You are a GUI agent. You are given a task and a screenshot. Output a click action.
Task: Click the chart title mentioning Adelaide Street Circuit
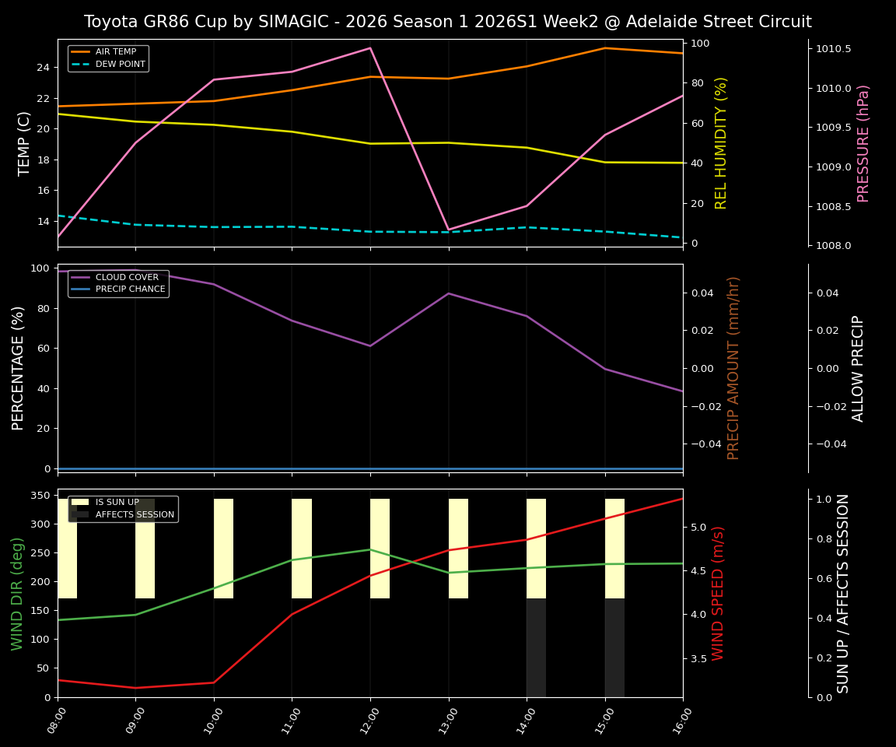447,22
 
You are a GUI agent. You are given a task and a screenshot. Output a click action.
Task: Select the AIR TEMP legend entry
115,52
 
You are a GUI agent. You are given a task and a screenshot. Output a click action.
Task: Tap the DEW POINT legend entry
120,65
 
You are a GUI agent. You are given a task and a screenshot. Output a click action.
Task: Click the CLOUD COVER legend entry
127,277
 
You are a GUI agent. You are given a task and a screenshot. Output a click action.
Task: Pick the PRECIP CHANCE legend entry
130,289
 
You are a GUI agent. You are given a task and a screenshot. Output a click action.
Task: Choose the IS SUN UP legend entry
117,503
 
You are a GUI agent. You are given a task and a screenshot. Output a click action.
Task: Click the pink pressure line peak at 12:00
370,48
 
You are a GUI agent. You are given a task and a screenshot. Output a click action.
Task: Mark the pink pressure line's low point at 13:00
449,230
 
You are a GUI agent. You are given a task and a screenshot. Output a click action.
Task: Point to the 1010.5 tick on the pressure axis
833,49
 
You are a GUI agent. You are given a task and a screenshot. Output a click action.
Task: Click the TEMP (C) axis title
25,143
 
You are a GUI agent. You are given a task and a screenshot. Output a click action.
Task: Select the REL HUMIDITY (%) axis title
721,143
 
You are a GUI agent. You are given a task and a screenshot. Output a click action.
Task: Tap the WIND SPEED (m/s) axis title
718,593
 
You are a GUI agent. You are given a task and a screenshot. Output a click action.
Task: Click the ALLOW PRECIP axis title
858,368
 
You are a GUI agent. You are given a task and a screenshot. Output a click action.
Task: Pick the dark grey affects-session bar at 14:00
536,647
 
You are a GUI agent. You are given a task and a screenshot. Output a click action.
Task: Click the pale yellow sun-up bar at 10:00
223,549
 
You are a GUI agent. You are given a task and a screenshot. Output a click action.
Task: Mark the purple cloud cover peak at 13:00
449,293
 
